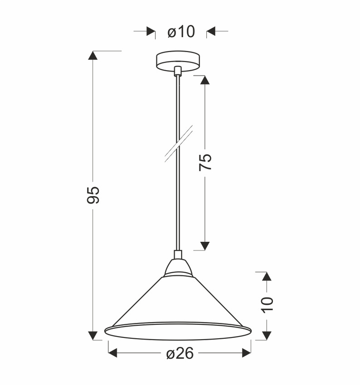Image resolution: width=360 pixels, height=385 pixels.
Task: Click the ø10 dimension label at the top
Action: point(181,32)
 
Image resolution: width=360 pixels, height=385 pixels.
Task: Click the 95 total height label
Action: point(93,194)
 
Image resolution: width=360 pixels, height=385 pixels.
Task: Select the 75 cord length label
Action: point(205,162)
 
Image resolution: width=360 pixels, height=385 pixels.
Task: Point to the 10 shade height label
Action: point(267,304)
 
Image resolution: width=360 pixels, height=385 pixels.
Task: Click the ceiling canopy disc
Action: point(178,61)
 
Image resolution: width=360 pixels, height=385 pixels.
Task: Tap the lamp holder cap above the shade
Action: point(178,268)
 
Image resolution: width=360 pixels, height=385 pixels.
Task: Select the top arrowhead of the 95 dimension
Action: point(93,56)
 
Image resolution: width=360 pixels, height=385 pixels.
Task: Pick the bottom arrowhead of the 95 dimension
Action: point(93,335)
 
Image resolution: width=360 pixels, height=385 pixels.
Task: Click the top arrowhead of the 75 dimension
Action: point(205,80)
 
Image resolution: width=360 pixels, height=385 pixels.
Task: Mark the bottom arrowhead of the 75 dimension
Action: point(205,245)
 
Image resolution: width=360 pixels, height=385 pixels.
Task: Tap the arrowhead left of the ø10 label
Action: point(151,31)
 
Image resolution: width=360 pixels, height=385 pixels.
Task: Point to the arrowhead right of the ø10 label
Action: point(211,31)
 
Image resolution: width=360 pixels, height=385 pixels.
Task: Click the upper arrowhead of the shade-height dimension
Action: point(267,276)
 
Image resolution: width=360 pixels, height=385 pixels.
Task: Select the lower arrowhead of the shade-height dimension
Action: point(267,335)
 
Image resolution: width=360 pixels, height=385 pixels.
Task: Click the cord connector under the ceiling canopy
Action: point(178,71)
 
